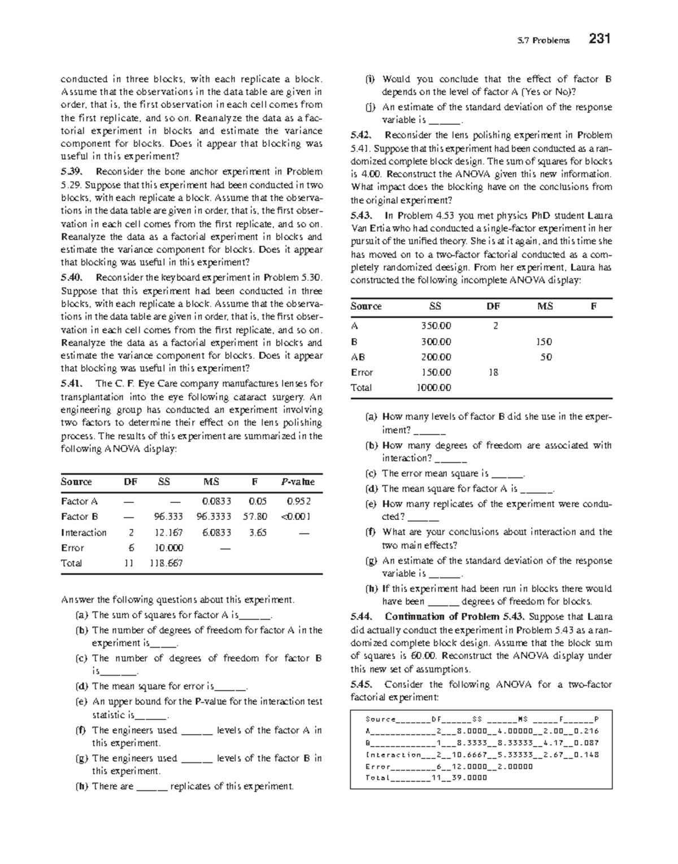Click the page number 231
[599, 39]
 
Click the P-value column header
[298, 482]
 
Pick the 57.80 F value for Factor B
[258, 516]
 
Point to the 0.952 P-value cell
[299, 501]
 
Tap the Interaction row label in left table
[84, 532]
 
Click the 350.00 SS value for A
[436, 326]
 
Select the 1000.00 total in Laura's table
[433, 388]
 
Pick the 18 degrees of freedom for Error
[493, 372]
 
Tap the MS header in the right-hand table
[545, 306]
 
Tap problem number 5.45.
[360, 685]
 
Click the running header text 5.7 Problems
[544, 40]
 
